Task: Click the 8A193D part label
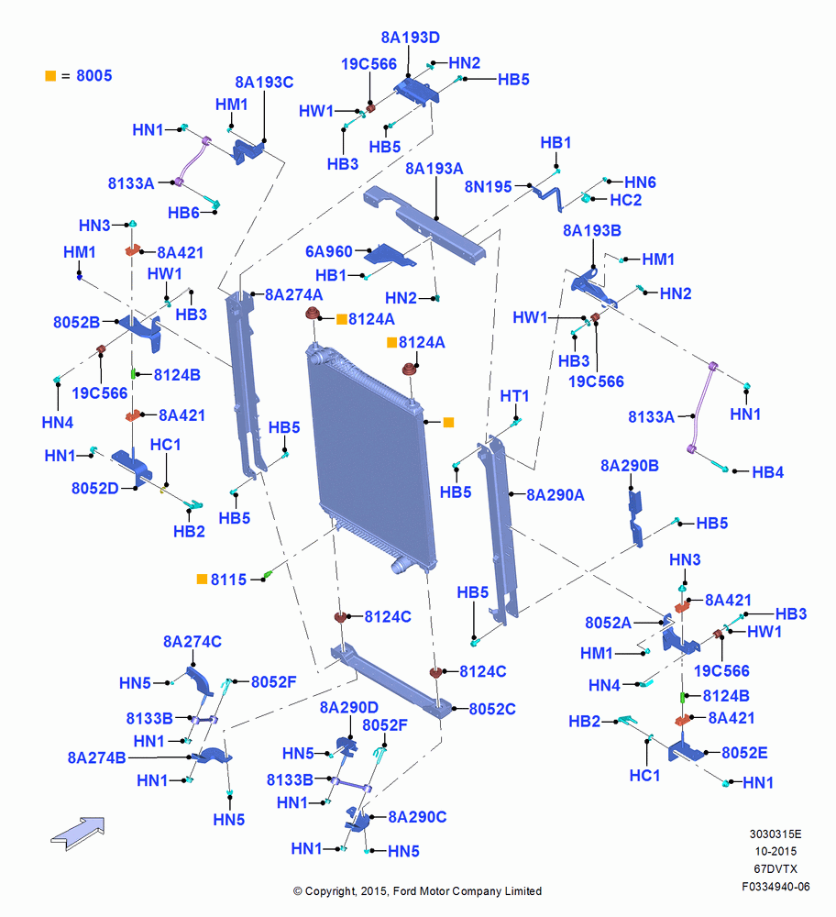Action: tap(410, 38)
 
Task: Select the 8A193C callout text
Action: tap(264, 83)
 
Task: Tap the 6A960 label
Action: tap(328, 251)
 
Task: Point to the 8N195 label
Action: tap(489, 186)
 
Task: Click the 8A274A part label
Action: tap(293, 294)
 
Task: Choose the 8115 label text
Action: tap(228, 580)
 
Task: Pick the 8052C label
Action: tap(492, 709)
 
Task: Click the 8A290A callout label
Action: tap(555, 495)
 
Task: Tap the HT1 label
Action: tap(514, 396)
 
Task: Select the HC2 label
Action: tap(625, 200)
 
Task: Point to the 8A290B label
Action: tap(630, 466)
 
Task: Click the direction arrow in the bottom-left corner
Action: tap(78, 833)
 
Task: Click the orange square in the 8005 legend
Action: tap(50, 76)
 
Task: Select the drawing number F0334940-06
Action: tap(775, 887)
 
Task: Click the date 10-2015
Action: tap(775, 852)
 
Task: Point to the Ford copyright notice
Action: tap(417, 891)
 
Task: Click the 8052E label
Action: tap(744, 753)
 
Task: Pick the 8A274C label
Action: tap(192, 642)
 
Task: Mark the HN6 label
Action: tap(640, 182)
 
